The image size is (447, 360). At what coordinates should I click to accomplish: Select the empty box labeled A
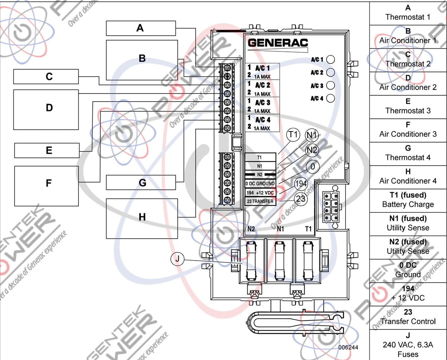[x=140, y=28]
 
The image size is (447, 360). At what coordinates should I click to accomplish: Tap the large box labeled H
[x=142, y=218]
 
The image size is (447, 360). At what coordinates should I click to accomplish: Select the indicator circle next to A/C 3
[x=330, y=85]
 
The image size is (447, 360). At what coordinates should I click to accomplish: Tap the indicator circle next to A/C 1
[x=330, y=59]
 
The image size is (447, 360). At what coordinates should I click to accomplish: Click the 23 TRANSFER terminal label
[x=260, y=201]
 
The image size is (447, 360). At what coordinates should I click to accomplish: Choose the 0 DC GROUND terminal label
[x=260, y=184]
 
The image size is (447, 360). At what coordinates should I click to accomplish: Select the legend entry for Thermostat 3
[x=408, y=107]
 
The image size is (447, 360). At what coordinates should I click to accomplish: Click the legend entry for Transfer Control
[x=408, y=317]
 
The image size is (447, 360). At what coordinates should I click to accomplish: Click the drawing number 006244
[x=348, y=347]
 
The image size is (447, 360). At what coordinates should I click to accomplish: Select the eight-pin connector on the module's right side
[x=331, y=207]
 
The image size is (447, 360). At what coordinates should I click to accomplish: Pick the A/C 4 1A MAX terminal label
[x=262, y=124]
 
